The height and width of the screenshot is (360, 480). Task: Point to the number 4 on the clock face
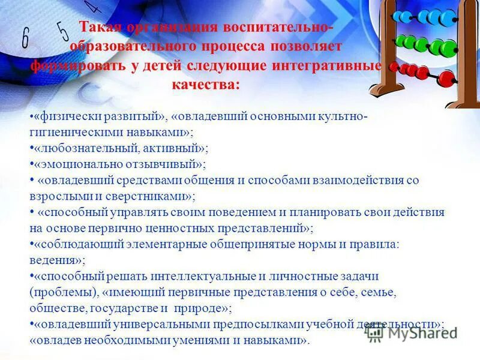[92, 8]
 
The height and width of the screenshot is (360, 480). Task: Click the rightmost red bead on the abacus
[446, 78]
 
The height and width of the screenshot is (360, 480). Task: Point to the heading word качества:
[206, 85]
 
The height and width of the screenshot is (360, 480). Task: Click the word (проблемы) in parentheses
[62, 293]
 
